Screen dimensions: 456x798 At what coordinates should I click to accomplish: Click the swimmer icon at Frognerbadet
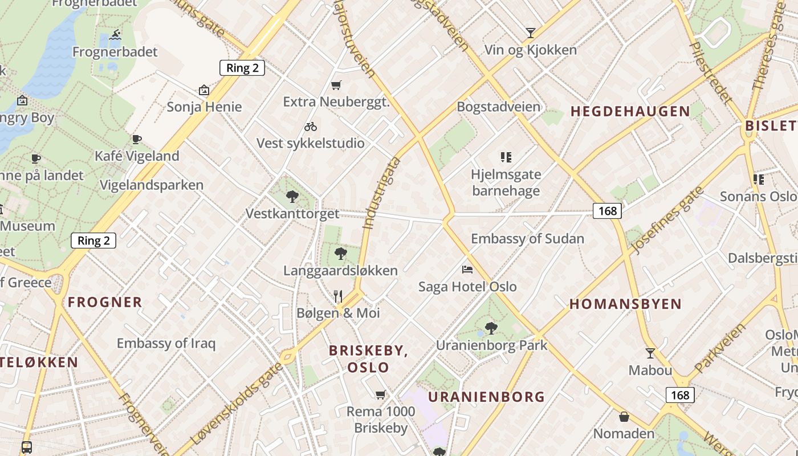[116, 35]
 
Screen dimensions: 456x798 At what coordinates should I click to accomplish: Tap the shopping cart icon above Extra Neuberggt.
[336, 85]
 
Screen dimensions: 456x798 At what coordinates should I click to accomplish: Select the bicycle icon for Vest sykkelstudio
[311, 127]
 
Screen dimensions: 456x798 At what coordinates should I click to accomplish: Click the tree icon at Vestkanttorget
[292, 197]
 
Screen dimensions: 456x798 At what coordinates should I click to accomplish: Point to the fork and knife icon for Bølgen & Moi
[338, 296]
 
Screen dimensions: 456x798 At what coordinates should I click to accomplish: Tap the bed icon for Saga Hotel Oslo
[467, 269]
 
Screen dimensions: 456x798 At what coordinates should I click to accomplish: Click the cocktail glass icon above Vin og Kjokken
[531, 33]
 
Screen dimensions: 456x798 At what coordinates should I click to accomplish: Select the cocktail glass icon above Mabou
[650, 353]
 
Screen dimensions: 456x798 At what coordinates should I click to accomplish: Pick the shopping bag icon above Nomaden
[624, 417]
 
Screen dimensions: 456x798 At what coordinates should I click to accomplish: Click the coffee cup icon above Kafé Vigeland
[137, 139]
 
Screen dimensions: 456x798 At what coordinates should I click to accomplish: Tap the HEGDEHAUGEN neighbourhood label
[630, 112]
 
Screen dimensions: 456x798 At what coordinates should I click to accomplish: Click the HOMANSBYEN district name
[625, 304]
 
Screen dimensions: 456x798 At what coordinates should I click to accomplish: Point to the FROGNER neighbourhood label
[105, 302]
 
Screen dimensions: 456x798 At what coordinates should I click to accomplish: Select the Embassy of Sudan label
[527, 238]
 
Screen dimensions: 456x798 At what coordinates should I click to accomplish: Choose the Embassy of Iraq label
[166, 343]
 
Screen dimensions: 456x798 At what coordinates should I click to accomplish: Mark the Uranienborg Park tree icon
[491, 328]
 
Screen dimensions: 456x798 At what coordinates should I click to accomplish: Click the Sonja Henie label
[204, 107]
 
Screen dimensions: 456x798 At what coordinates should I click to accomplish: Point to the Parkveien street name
[720, 348]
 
